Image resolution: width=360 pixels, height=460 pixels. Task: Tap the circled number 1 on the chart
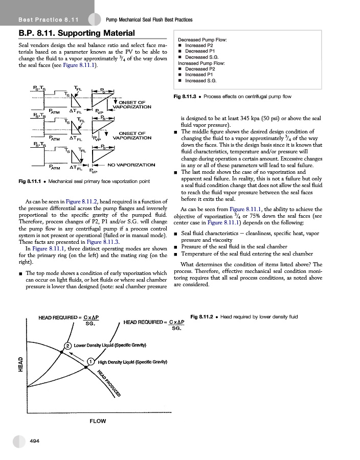(x=90, y=362)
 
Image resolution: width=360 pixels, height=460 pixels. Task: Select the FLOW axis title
(x=98, y=421)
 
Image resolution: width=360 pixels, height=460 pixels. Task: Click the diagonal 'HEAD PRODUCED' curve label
(x=109, y=383)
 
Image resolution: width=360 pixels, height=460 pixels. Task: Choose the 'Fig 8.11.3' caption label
(x=185, y=96)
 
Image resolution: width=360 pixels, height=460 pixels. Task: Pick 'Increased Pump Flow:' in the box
(x=201, y=63)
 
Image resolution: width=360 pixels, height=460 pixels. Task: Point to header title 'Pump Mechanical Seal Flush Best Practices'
(x=149, y=19)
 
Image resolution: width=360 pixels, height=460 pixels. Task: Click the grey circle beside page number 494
(x=19, y=441)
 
